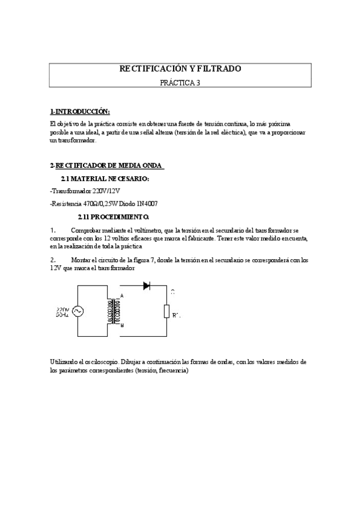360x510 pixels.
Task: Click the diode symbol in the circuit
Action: [x=146, y=286]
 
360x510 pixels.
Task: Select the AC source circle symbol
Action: [x=78, y=311]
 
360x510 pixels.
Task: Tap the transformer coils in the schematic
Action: [x=114, y=311]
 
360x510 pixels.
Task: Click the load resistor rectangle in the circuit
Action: [x=166, y=312]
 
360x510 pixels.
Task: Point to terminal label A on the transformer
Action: [x=121, y=296]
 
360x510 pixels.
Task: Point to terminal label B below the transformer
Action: [x=121, y=325]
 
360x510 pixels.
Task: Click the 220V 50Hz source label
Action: [x=62, y=312]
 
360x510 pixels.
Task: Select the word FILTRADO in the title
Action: [x=220, y=69]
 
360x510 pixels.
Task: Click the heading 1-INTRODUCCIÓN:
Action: [x=79, y=112]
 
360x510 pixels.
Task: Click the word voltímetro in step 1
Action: [x=145, y=230]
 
